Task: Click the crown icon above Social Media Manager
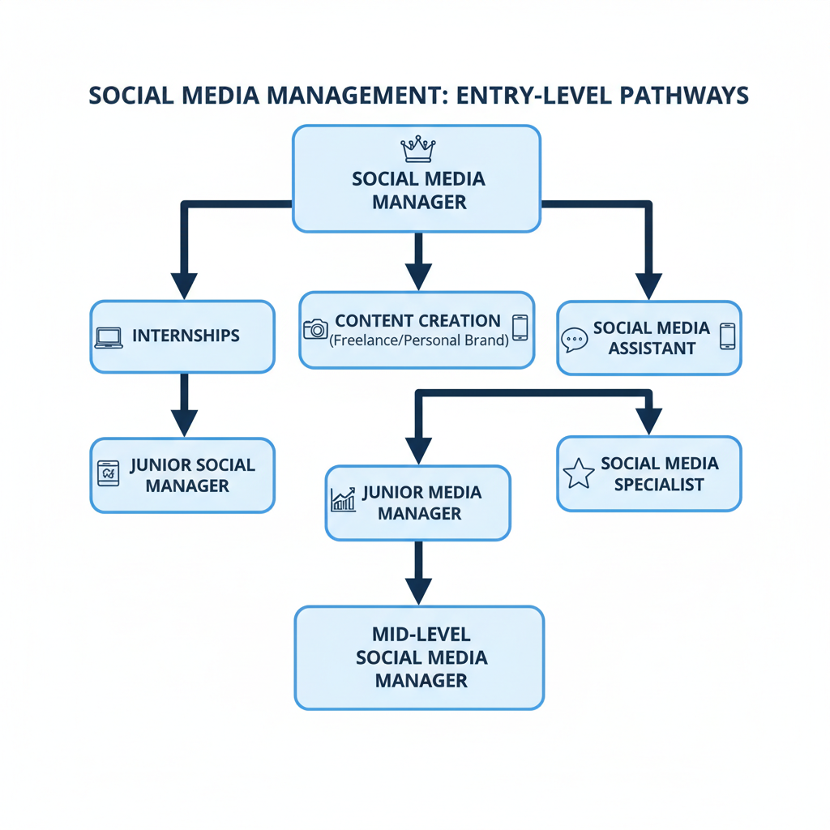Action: coord(418,149)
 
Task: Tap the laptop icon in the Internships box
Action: coord(109,338)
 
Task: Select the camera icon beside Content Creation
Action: coord(314,328)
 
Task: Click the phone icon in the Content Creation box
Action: coord(520,327)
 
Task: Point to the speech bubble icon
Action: coord(574,339)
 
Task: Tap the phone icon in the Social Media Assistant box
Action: coord(727,336)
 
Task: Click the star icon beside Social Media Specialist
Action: coord(579,474)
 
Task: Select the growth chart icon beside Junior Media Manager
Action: coord(343,500)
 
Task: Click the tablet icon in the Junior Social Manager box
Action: coord(109,473)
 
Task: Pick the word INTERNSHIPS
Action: coord(186,336)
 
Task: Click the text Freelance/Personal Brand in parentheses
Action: coord(418,340)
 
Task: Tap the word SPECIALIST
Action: coord(659,485)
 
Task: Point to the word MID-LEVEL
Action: coord(419,634)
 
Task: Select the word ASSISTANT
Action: coord(651,349)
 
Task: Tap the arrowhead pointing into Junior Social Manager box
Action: coord(184,422)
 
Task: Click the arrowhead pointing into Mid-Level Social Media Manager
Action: coord(417,591)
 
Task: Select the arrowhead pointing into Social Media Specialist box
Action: coord(648,421)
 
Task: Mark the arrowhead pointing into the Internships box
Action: coord(184,285)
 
